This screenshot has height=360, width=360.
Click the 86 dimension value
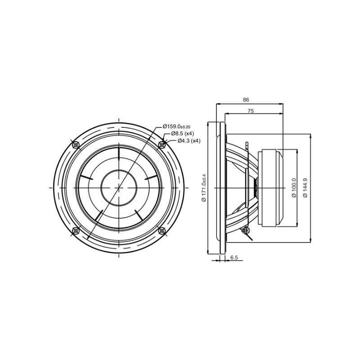tap(246, 100)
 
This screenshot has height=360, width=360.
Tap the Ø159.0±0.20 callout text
tap(176, 126)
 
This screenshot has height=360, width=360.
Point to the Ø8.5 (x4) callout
tap(182, 134)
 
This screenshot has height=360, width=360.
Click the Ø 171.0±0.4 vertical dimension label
tap(204, 188)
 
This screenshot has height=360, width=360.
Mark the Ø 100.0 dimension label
tap(294, 188)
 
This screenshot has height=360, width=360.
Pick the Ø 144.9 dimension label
tap(306, 188)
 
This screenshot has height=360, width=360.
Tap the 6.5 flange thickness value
tap(234, 257)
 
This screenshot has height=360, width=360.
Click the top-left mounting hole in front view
tap(76, 144)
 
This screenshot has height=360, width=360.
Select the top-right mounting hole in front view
tap(162, 144)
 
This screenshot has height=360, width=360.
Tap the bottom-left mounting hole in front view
tap(76, 231)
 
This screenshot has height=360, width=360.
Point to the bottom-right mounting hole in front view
tap(162, 231)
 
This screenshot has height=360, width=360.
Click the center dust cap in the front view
tap(119, 188)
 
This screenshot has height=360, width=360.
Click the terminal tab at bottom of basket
tap(246, 230)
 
